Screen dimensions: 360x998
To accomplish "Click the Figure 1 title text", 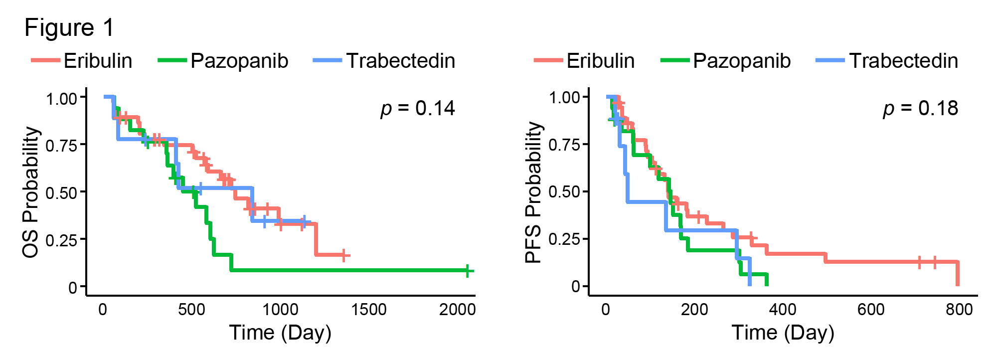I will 69,28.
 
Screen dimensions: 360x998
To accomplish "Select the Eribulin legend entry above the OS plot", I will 82,61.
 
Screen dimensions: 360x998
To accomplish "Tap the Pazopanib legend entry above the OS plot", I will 223,61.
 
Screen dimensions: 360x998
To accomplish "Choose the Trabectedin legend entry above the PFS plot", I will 887,61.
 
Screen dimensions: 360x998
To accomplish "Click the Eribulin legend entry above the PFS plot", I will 585,61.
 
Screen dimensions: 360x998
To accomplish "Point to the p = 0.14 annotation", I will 418,108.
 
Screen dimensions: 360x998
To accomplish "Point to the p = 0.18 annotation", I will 920,108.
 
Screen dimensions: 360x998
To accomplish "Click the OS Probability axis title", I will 31,192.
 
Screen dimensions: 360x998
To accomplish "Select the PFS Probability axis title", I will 533,192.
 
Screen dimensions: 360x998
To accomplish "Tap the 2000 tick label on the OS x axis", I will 457,310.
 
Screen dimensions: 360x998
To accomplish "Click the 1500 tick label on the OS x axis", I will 368,310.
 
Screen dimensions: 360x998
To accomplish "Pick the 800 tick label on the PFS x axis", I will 959,310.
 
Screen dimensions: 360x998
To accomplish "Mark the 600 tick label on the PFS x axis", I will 871,310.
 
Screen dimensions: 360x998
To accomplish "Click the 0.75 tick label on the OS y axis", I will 62,146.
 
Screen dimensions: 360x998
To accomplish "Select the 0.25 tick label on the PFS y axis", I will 564,240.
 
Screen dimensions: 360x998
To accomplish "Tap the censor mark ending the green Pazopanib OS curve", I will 468,271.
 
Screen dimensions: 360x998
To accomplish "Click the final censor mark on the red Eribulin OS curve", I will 343,255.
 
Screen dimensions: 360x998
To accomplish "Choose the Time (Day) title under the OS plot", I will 280,333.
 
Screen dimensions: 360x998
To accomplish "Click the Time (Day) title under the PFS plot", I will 783,333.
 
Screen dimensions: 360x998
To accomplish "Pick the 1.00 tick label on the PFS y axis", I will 564,98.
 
